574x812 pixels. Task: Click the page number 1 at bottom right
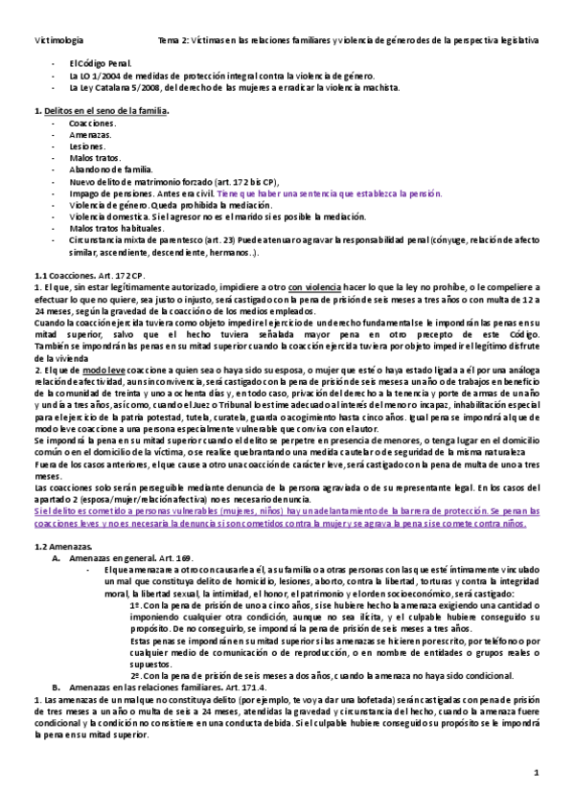click(538, 772)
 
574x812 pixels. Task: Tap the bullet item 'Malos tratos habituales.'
click(108, 228)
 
